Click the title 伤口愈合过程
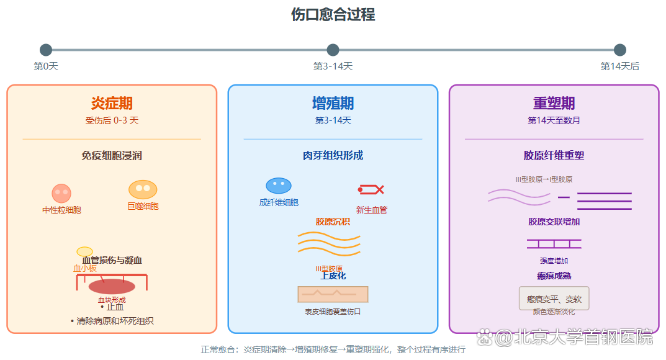333,14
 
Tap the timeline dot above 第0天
46,50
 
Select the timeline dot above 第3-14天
333,50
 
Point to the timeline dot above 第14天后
619,50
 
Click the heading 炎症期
112,103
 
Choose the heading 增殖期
333,103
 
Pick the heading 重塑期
554,103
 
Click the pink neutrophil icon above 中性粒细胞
61,193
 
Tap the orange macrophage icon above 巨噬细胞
143,189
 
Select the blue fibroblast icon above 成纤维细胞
279,186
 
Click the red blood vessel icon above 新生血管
371,189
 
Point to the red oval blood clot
112,286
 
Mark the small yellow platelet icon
84,251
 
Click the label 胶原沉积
333,222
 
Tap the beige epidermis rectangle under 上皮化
333,294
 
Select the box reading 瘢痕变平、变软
554,299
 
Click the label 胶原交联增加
554,222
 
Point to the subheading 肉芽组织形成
333,156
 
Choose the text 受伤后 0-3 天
112,120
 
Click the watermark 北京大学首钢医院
574,337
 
